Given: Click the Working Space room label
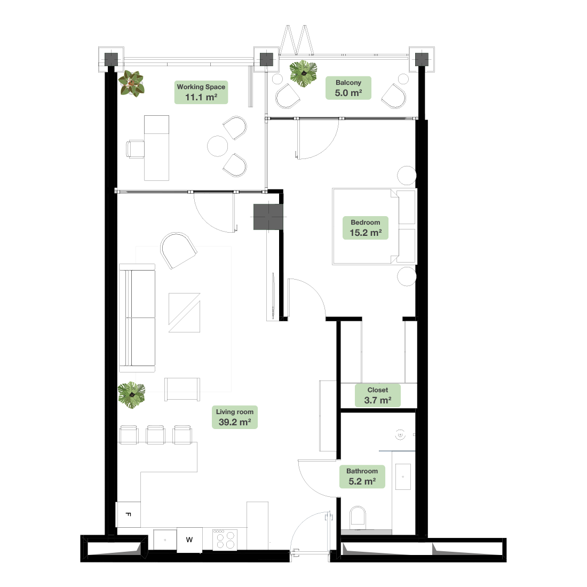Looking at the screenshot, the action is (201, 92).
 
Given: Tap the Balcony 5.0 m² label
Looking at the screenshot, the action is (348, 88).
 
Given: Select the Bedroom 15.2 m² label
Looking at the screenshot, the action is (366, 228).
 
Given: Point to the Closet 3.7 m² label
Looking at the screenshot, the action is (378, 395).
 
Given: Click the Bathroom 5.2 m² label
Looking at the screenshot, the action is (362, 477).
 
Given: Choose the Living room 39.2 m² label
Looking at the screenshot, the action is (235, 417).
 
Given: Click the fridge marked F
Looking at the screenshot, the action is (129, 514).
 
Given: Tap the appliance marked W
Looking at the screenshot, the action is (189, 540).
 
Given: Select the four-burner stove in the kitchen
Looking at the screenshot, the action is (225, 540).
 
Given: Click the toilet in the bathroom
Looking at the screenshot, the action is (358, 518).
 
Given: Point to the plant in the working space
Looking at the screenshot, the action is (131, 83).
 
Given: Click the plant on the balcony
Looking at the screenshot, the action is (303, 74).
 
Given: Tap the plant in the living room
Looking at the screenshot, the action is (131, 395).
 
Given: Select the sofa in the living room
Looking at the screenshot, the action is (137, 318).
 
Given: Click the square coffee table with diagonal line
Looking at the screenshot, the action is (184, 313).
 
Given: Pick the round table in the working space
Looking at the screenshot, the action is (218, 146).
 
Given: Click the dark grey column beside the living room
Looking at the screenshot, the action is (267, 217).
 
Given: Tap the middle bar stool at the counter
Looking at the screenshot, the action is (155, 434).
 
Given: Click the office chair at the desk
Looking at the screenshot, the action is (135, 149).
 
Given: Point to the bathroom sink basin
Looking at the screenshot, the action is (403, 477).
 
